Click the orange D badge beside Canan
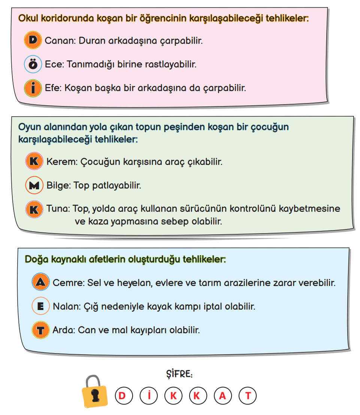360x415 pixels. point(33,40)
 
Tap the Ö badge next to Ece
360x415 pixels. point(33,64)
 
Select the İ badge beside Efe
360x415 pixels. point(33,88)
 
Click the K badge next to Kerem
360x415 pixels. point(34,162)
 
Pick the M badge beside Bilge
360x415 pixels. point(34,185)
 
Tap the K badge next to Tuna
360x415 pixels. point(34,209)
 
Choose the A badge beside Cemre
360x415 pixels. point(40,283)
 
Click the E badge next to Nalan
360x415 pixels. point(40,306)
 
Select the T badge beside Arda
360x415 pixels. point(40,330)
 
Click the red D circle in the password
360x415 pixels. point(122,396)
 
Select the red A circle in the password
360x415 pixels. point(223,396)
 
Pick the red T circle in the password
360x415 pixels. point(248,396)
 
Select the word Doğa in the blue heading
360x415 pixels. point(35,259)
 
